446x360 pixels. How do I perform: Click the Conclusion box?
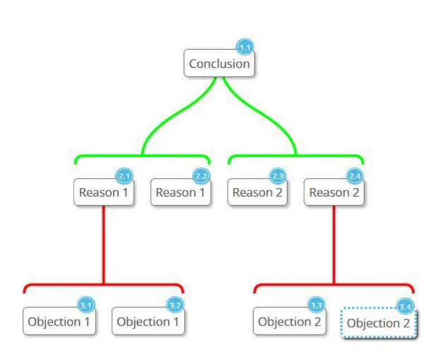click(x=219, y=63)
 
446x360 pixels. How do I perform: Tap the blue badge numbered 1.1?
click(x=245, y=47)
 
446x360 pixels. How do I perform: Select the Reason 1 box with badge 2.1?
click(x=104, y=192)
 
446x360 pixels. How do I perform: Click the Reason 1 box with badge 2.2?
click(x=181, y=192)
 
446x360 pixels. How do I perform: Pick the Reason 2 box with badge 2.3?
click(x=258, y=192)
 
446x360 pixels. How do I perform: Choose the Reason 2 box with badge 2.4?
click(x=334, y=192)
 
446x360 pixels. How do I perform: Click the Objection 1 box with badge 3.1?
click(x=59, y=321)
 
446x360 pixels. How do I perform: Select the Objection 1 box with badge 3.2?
click(x=148, y=321)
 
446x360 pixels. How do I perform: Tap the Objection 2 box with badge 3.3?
click(x=289, y=321)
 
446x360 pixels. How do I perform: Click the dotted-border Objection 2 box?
click(x=379, y=323)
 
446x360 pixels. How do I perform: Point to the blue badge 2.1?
click(x=124, y=176)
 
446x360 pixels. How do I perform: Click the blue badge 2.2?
click(x=201, y=176)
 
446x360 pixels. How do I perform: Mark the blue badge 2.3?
click(x=278, y=176)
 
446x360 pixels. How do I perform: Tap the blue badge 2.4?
click(x=355, y=176)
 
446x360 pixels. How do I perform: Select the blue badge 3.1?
click(x=86, y=305)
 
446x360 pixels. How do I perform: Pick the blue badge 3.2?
click(x=175, y=305)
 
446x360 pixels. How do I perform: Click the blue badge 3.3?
click(x=316, y=305)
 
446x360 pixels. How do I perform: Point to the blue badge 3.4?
click(x=405, y=307)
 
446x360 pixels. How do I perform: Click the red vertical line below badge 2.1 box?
click(x=104, y=245)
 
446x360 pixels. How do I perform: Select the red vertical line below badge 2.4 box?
click(x=334, y=245)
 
